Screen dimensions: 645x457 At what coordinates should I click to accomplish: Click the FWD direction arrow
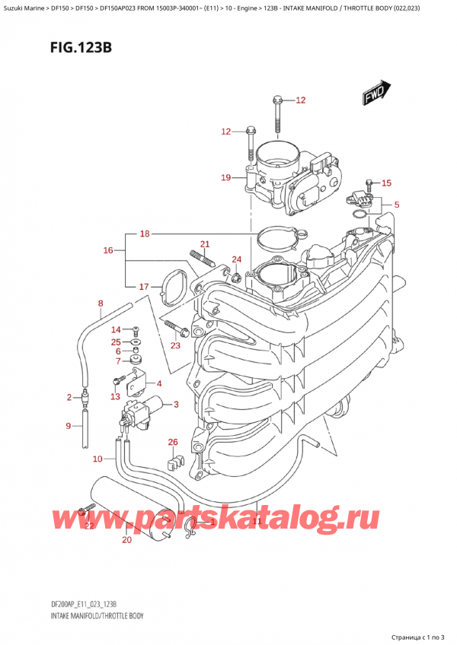(375, 95)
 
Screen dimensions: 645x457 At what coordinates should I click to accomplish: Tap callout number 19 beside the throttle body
(225, 178)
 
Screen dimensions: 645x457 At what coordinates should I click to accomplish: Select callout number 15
(386, 183)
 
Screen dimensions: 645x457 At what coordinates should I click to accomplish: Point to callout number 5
(396, 205)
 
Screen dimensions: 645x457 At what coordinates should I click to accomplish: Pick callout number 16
(108, 249)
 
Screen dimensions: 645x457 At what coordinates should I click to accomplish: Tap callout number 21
(204, 243)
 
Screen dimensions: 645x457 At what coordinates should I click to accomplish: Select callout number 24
(236, 259)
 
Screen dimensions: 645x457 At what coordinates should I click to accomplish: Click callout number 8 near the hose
(100, 304)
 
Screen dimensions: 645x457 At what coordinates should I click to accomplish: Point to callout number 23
(176, 346)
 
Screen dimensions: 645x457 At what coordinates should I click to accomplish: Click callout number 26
(172, 442)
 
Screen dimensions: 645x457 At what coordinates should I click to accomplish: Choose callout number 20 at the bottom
(126, 540)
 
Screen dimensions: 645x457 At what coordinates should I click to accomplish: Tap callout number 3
(176, 404)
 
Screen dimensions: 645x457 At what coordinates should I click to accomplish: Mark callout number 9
(69, 426)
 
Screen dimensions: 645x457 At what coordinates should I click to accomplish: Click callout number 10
(97, 459)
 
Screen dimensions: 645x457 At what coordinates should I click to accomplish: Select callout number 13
(114, 396)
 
